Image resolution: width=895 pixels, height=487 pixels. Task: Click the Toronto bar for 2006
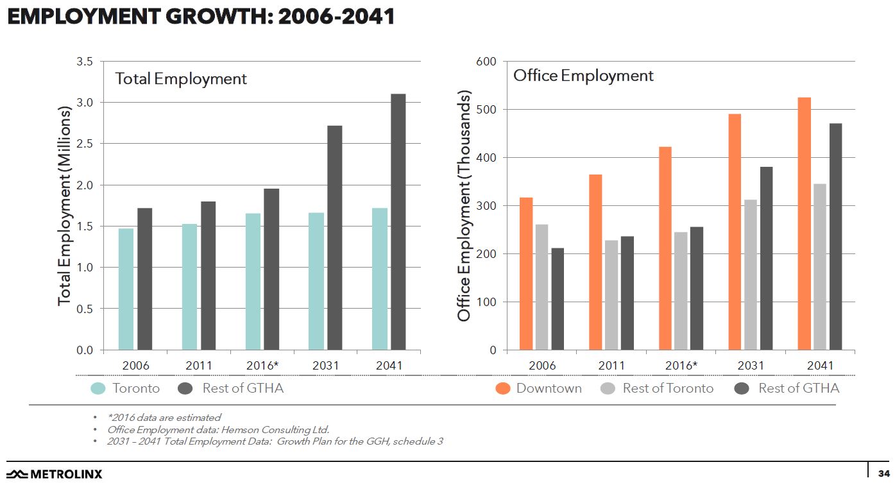tap(126, 289)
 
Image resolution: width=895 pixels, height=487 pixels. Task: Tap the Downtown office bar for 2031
tap(735, 232)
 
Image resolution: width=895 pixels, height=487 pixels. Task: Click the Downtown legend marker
tap(504, 388)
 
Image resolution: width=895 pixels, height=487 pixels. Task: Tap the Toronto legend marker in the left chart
tap(98, 388)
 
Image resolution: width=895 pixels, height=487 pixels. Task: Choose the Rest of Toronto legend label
tap(667, 388)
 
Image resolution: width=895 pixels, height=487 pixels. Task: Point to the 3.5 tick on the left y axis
tap(85, 62)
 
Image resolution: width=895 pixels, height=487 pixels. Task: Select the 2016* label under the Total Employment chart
tap(262, 366)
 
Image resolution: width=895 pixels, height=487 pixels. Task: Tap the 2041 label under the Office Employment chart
tap(819, 366)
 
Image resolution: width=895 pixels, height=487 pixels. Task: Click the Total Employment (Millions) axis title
tap(64, 205)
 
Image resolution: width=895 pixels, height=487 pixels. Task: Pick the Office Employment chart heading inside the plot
tap(583, 76)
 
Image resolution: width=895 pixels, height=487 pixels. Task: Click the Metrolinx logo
tap(55, 474)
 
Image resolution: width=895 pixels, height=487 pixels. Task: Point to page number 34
tap(883, 474)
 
